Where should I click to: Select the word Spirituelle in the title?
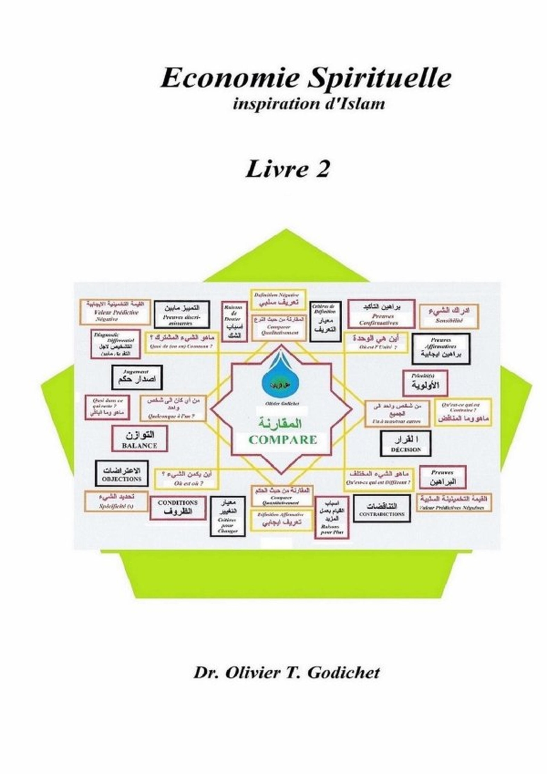click(379, 78)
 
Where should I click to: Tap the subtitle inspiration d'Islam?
click(309, 104)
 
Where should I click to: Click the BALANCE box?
click(139, 438)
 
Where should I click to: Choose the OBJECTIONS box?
click(122, 474)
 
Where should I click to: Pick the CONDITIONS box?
click(178, 508)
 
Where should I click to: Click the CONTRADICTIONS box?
click(382, 509)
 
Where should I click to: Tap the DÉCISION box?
click(406, 443)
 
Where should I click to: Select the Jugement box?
click(137, 377)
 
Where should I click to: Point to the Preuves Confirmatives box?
click(381, 314)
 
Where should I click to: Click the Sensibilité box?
click(449, 316)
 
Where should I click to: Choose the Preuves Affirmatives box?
click(441, 349)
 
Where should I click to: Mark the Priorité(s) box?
click(425, 383)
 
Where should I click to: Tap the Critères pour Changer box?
click(228, 516)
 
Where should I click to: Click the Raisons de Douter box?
click(234, 322)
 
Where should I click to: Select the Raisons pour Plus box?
click(331, 518)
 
